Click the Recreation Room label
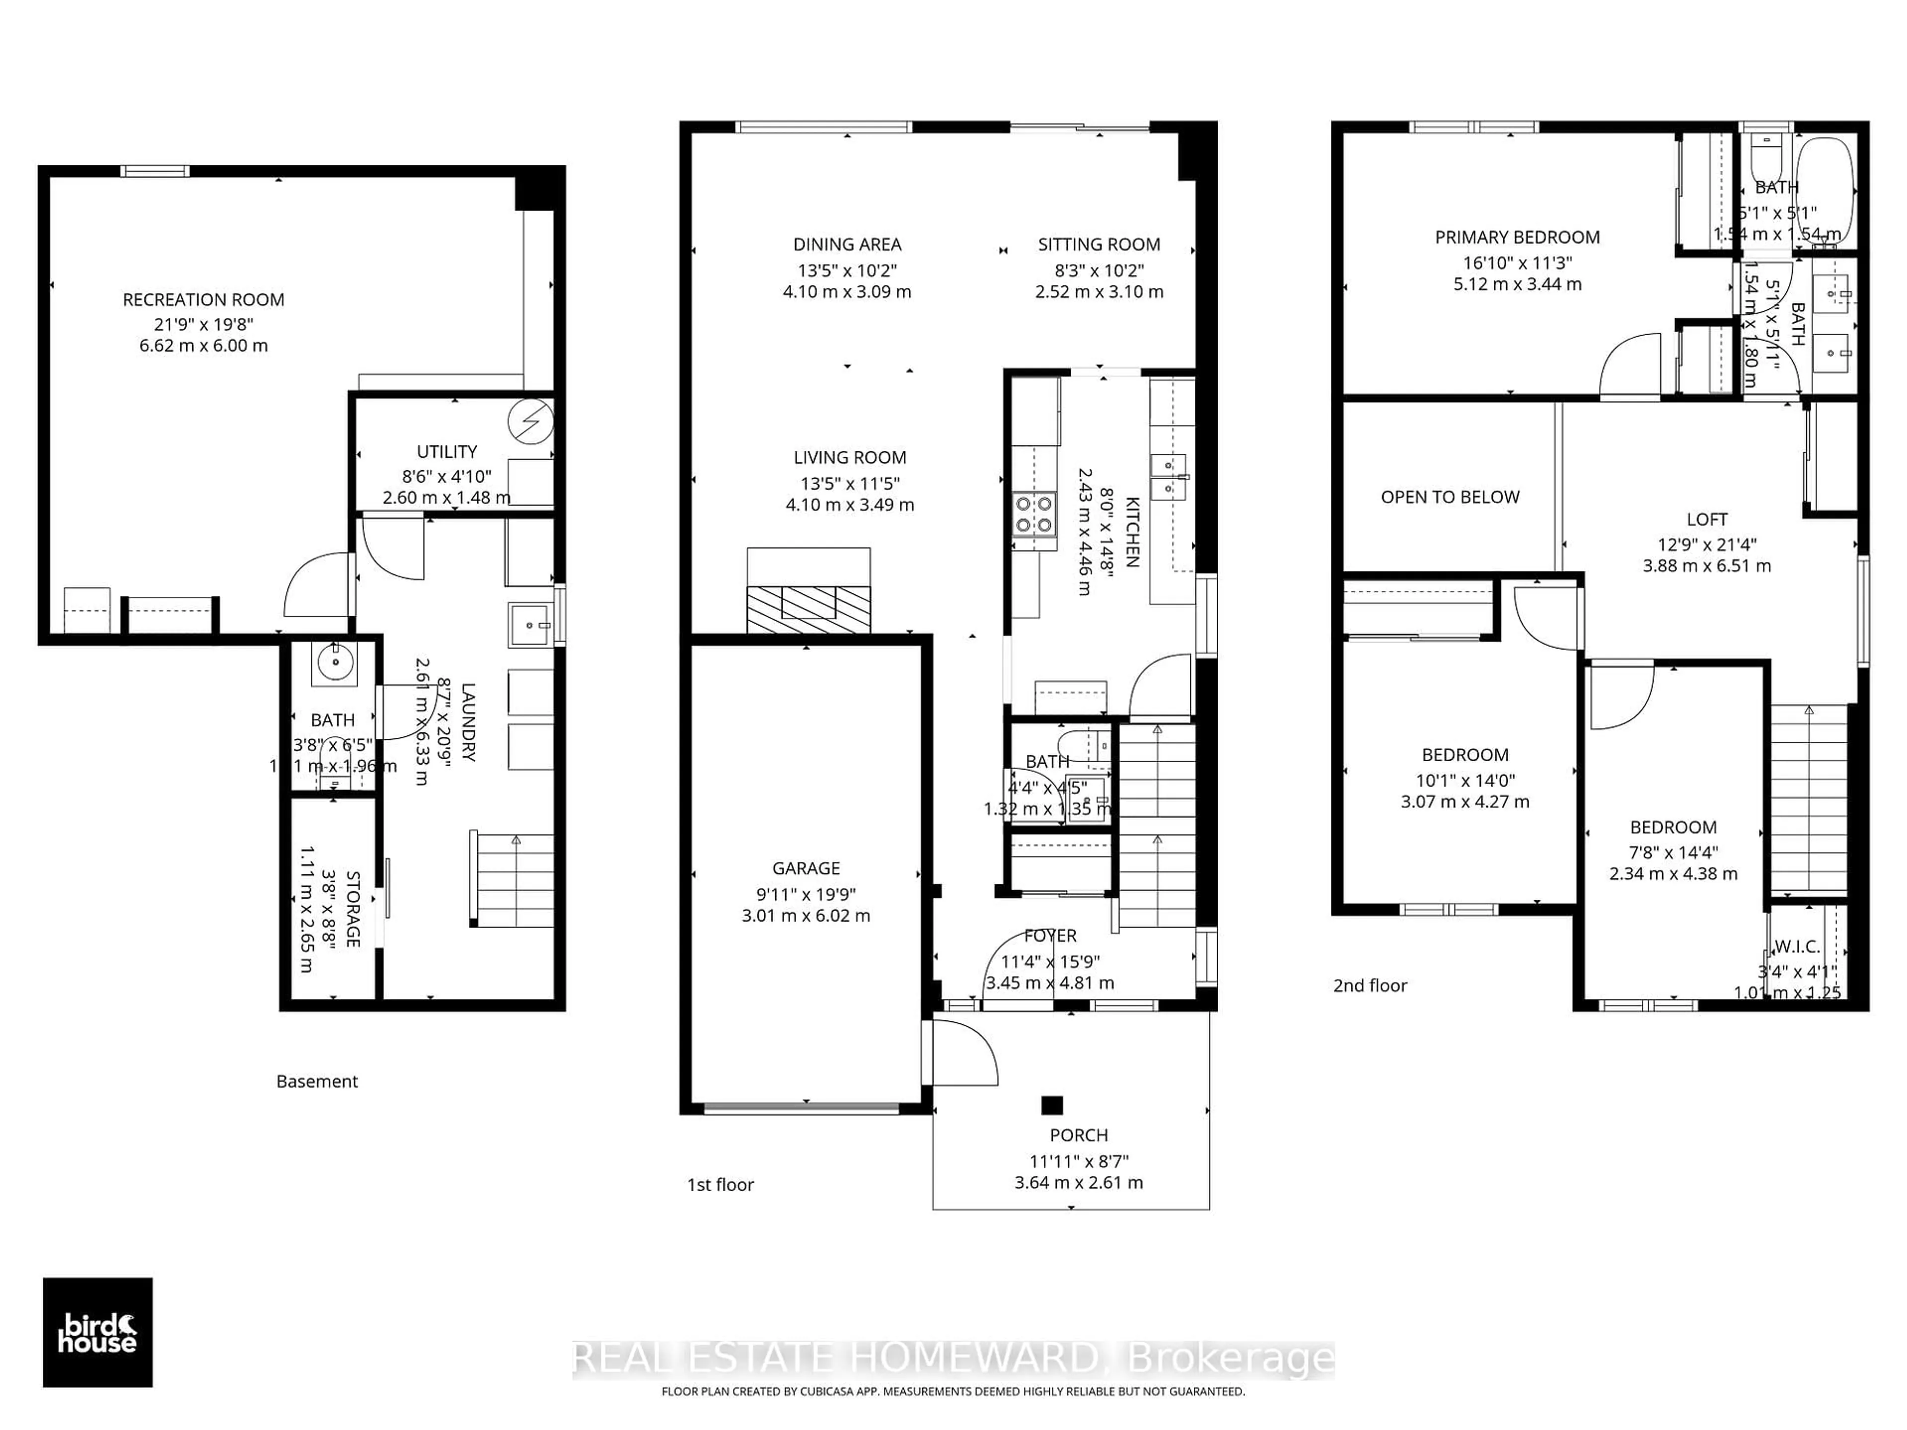pyautogui.click(x=204, y=300)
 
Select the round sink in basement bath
pyautogui.click(x=334, y=662)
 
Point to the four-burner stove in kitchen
pyautogui.click(x=1033, y=514)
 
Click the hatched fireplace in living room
pyautogui.click(x=808, y=609)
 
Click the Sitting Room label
pyautogui.click(x=1099, y=245)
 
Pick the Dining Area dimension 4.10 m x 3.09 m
pyautogui.click(x=847, y=292)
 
